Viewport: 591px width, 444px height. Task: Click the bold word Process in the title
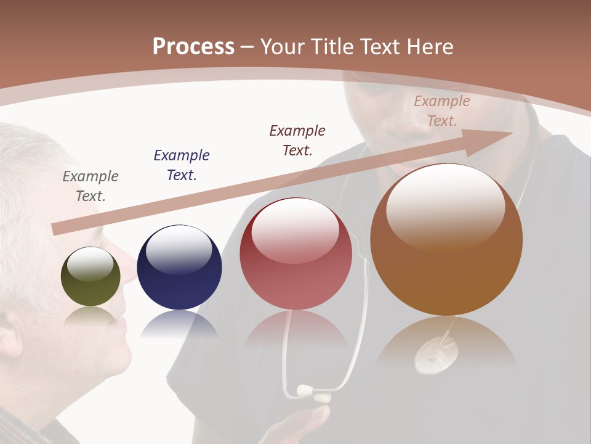click(193, 47)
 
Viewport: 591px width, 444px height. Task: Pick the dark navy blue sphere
click(179, 267)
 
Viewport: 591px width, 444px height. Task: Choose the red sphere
click(295, 253)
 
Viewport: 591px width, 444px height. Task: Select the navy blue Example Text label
click(182, 165)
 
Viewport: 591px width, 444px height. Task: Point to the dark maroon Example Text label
click(297, 140)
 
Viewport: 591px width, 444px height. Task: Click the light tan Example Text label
click(442, 111)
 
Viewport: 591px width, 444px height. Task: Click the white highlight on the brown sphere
click(446, 207)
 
